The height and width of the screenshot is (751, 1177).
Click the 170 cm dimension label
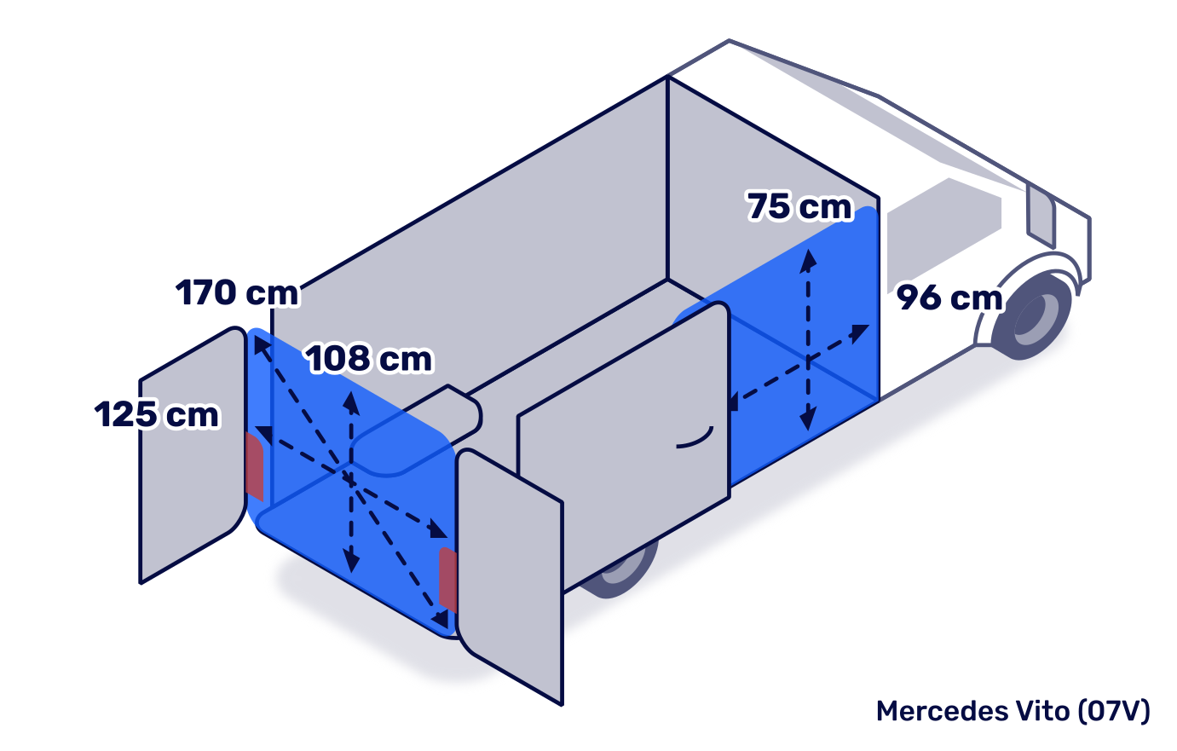point(237,293)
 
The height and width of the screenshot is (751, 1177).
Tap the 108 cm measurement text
point(369,359)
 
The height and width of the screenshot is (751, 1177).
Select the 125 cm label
point(157,415)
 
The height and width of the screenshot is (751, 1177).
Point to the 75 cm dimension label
point(799,206)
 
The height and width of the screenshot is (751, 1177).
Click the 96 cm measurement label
point(949,298)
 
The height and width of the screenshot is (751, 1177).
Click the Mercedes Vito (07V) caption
point(1013,710)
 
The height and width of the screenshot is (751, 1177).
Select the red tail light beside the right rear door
point(447,579)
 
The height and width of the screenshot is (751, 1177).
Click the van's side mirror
point(1041,213)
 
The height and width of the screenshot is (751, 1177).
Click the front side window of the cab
point(942,222)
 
